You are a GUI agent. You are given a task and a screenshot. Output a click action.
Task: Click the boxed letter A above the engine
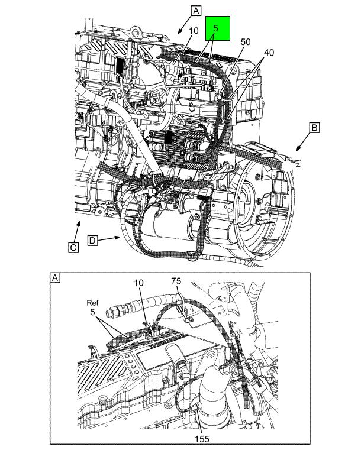(x=196, y=10)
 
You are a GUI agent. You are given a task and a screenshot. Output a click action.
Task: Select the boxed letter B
(x=315, y=127)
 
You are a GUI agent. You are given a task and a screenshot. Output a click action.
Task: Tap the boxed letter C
(x=73, y=247)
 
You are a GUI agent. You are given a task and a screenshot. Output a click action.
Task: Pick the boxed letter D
(x=92, y=240)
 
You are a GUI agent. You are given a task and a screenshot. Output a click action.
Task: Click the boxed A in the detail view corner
(x=56, y=278)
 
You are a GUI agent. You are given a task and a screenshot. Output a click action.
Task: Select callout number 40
(x=269, y=53)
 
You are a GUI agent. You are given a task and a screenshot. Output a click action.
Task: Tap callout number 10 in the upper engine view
(x=194, y=31)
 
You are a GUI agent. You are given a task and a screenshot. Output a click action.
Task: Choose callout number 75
(x=176, y=281)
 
